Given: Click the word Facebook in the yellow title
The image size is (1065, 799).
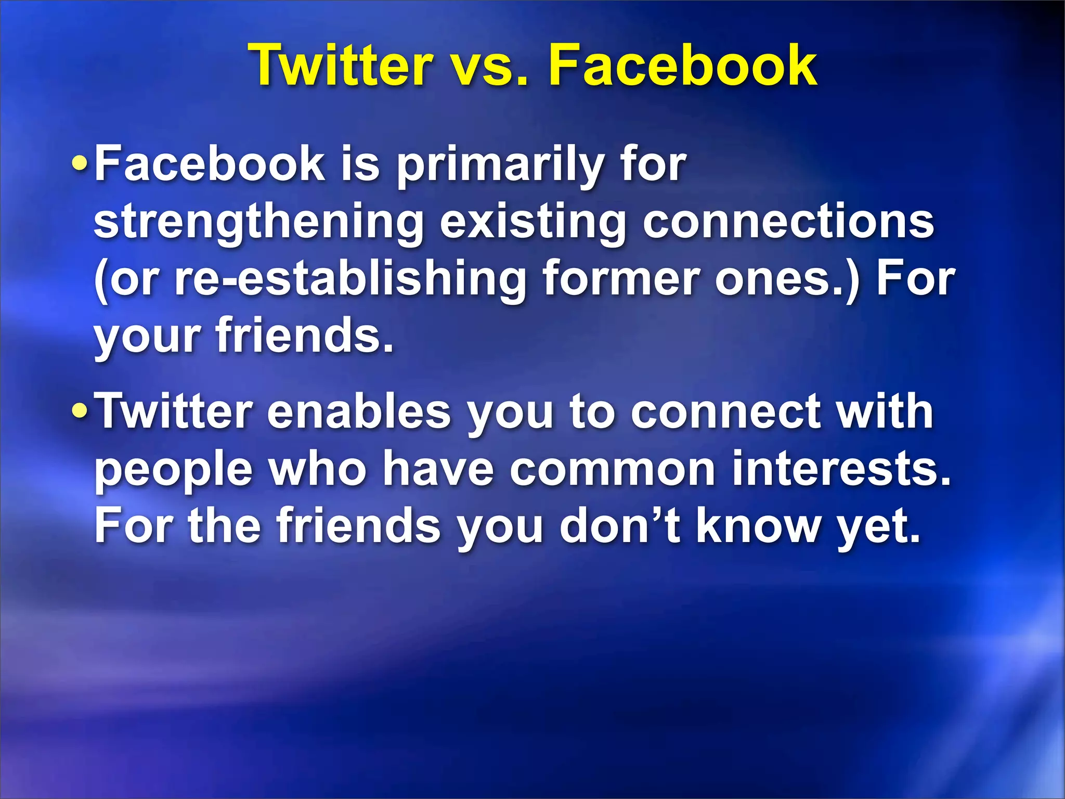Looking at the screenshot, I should (x=683, y=66).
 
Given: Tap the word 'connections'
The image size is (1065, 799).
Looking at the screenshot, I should (x=788, y=223).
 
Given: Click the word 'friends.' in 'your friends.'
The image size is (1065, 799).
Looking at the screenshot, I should (x=305, y=336).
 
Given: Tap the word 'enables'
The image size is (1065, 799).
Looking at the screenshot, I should (x=359, y=412).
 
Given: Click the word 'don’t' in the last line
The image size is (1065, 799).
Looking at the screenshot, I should (x=620, y=525).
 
